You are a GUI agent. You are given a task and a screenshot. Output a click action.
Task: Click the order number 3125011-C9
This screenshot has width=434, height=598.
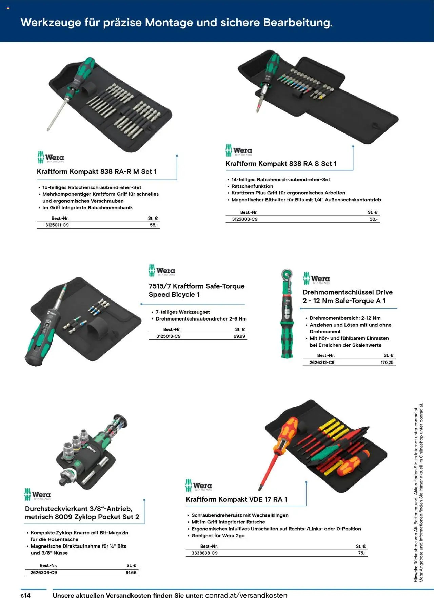57,225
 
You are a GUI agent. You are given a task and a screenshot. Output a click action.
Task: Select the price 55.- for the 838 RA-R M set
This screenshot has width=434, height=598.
154,225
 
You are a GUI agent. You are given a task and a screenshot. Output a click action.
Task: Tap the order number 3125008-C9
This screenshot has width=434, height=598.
244,219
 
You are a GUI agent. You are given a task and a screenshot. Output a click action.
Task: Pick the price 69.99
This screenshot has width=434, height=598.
239,336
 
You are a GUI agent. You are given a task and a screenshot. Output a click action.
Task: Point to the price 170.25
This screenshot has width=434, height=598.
387,363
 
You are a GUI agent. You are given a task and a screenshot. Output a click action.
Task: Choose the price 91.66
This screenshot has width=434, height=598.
131,573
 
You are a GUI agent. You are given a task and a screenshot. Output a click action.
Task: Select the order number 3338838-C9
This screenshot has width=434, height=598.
204,553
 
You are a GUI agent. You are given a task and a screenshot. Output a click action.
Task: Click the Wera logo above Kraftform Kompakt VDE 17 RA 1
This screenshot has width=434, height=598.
199,486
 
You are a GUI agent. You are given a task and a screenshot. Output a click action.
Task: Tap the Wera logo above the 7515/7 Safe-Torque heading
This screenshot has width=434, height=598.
162,271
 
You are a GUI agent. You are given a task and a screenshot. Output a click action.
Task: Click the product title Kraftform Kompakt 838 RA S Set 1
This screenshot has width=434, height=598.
281,164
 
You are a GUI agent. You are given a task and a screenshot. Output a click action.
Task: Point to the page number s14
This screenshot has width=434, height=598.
26,595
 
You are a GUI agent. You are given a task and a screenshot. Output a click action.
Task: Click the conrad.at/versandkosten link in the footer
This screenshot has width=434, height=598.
246,595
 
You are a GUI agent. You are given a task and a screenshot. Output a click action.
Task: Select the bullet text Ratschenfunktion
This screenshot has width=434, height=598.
252,186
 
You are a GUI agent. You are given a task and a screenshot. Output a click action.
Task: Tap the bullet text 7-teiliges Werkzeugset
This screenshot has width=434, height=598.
182,312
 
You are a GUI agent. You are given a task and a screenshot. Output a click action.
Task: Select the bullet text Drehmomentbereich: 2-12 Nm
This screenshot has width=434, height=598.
345,318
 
